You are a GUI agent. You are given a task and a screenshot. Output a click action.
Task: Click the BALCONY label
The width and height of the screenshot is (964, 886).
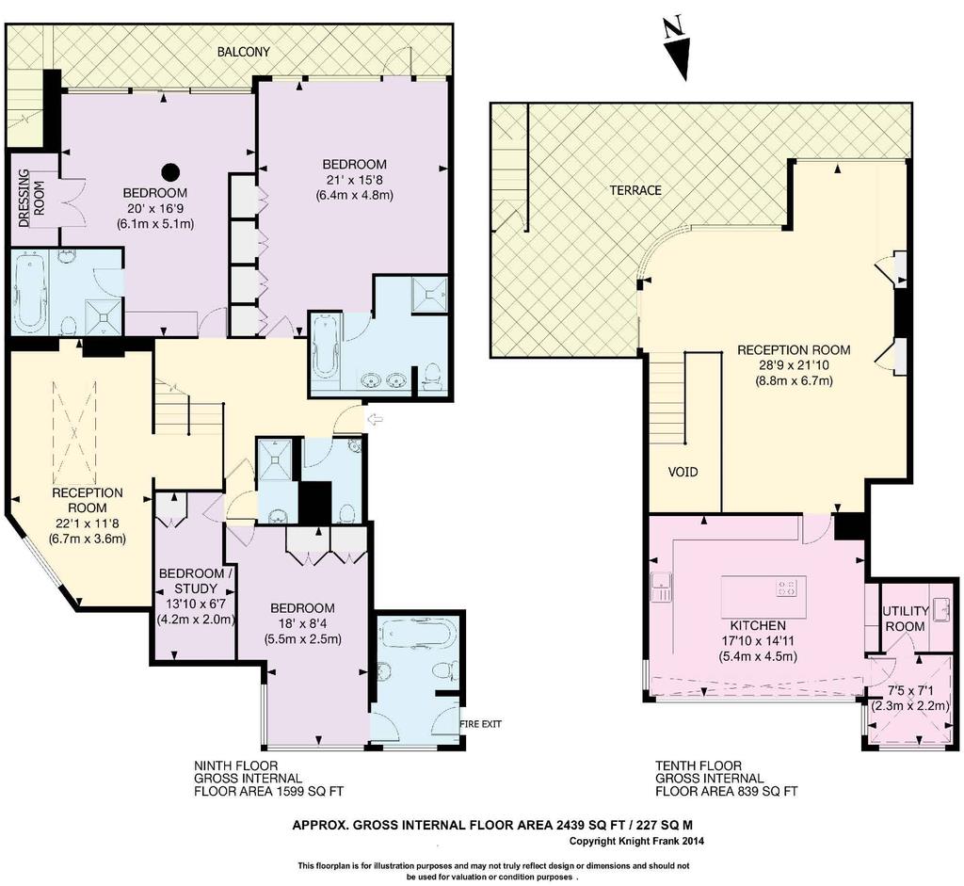tap(244, 52)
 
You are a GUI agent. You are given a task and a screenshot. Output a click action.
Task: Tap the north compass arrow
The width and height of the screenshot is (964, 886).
tap(680, 59)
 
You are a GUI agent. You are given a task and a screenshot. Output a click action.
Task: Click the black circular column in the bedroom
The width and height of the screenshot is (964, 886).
tap(171, 169)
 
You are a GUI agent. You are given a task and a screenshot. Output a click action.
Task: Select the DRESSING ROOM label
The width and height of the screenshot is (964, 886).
tap(31, 198)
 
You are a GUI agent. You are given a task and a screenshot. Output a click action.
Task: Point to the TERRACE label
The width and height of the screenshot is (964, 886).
tap(635, 190)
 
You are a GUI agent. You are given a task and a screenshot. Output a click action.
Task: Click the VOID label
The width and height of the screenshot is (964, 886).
tap(683, 472)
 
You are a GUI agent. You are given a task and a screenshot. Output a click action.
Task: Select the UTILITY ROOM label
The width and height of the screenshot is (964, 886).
tap(905, 619)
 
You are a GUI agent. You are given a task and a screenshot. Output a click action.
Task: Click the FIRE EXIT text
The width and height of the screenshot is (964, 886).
tap(481, 724)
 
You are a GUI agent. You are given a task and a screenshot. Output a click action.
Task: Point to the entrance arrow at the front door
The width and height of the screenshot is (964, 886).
tap(375, 419)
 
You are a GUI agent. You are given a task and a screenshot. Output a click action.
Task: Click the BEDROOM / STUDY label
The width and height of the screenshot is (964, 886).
tap(196, 581)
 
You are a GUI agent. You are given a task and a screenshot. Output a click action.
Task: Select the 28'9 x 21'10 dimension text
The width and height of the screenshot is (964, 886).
tap(794, 365)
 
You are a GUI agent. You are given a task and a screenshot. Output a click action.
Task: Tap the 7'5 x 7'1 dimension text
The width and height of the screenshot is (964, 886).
tap(911, 691)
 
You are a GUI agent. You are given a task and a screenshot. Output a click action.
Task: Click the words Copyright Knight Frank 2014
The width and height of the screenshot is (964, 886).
tap(636, 841)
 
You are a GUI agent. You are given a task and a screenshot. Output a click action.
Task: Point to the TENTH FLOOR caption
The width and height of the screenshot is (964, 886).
tap(699, 766)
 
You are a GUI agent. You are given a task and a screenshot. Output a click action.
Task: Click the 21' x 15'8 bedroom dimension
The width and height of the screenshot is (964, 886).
tap(355, 180)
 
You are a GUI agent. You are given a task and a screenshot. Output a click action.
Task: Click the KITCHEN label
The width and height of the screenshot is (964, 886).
tap(758, 625)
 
